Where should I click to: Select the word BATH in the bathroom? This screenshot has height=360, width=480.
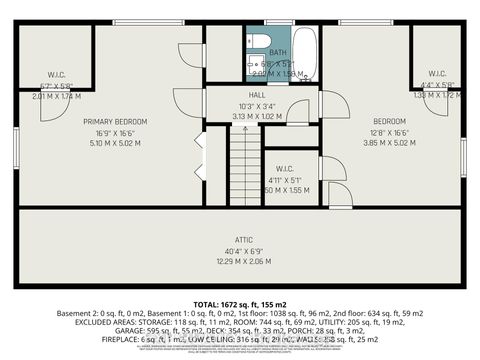point(277,53)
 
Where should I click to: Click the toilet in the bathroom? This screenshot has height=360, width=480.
point(257,40)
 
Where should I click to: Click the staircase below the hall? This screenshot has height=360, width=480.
point(245,165)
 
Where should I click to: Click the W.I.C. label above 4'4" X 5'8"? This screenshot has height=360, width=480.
point(437,74)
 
